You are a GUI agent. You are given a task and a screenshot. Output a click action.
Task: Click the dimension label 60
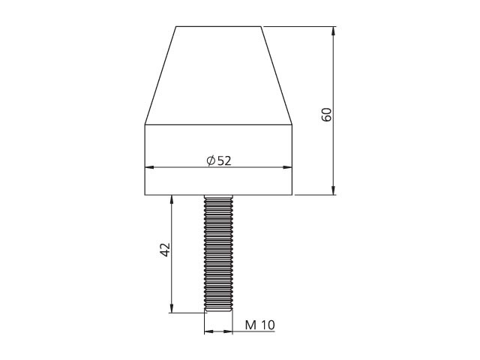coord(327,115)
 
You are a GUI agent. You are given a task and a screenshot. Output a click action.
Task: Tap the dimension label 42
coord(165,250)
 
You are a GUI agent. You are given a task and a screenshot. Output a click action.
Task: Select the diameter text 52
coord(224,160)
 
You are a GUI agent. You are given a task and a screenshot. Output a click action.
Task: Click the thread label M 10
coord(260,325)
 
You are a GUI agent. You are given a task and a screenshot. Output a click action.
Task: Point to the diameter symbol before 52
coord(211,160)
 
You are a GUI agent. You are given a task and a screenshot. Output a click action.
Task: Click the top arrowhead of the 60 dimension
coord(333,31)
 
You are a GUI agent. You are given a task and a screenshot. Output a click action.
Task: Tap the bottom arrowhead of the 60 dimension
coord(333,190)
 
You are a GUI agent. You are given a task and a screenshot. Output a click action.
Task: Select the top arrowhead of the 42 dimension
coord(172,200)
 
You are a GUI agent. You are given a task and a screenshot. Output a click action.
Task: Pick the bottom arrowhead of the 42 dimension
coord(172,308)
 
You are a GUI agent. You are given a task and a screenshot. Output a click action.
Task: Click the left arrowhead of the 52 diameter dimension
coord(149,167)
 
